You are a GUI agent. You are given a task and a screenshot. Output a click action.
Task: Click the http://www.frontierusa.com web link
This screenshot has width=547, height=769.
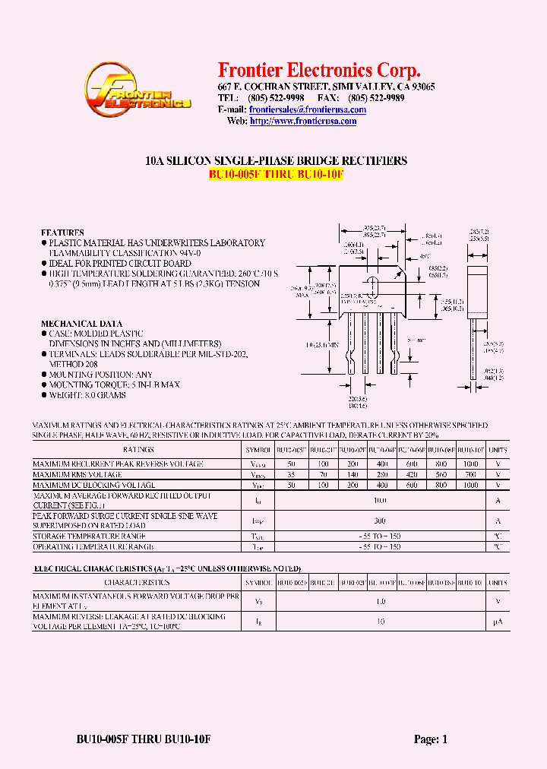click(x=303, y=122)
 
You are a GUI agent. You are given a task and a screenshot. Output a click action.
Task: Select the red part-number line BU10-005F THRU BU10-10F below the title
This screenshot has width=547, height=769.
click(x=277, y=174)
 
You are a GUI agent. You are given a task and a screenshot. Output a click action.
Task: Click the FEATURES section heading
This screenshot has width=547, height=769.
click(x=62, y=233)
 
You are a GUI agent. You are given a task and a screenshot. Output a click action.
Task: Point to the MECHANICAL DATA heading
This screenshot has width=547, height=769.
click(x=81, y=324)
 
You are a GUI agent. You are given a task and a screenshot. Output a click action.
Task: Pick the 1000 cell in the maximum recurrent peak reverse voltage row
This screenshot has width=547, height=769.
click(x=471, y=464)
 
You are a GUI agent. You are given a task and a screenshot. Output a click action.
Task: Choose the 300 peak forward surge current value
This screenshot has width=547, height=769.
click(x=380, y=521)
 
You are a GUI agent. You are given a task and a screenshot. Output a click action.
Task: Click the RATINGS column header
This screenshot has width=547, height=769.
click(x=133, y=450)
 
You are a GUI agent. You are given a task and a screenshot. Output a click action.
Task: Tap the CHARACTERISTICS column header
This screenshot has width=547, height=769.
click(x=133, y=583)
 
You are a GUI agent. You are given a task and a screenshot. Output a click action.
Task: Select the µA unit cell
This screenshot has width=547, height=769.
click(x=498, y=622)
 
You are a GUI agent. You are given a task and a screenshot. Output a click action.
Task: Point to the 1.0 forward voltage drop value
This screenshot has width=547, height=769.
click(x=380, y=601)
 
